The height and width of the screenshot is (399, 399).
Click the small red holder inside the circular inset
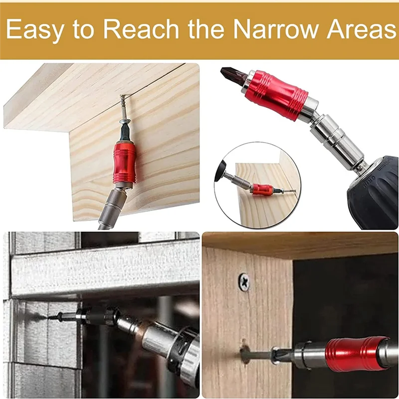point(262,189)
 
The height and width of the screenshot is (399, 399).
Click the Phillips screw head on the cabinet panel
point(244,281)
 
